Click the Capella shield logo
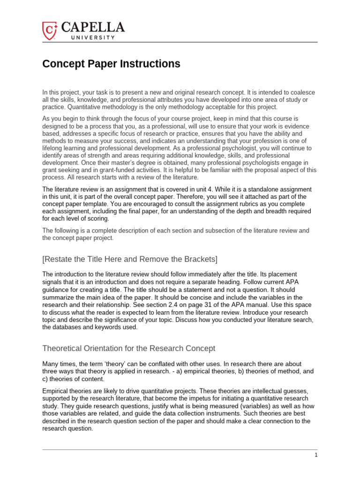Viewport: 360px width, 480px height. (x=49, y=30)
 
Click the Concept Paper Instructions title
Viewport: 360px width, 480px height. (x=111, y=64)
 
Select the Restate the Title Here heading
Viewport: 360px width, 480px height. (x=130, y=259)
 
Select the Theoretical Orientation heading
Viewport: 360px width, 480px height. (x=129, y=348)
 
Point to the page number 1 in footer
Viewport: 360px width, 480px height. (x=316, y=455)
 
